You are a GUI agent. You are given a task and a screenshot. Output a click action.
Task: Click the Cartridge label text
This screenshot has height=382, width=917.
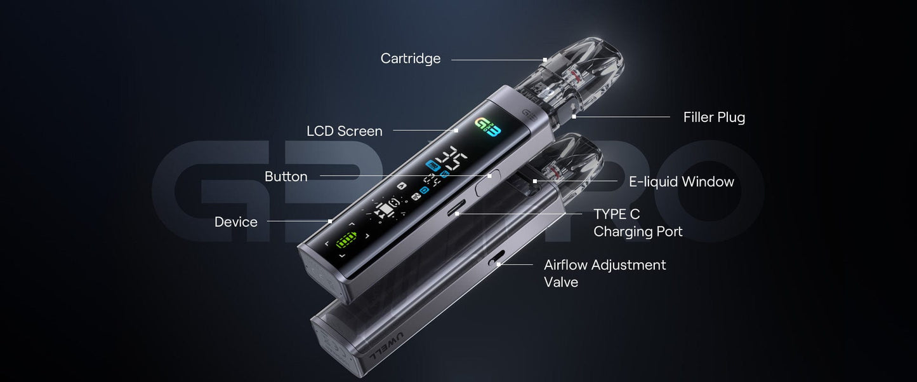point(411,58)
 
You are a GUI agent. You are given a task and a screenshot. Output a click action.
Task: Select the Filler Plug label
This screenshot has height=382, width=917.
point(714,118)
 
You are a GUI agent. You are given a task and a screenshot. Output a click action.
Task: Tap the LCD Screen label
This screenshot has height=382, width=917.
point(345,131)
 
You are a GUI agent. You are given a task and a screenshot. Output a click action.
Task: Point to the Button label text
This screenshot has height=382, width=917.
point(286,177)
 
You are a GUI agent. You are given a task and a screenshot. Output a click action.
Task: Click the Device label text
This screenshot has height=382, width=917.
point(236,222)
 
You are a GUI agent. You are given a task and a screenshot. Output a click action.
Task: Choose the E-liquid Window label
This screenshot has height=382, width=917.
point(682,182)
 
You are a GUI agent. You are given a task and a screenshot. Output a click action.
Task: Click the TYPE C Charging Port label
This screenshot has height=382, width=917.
point(638,223)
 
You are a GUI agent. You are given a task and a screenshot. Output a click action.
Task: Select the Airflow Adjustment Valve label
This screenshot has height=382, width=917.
point(605,273)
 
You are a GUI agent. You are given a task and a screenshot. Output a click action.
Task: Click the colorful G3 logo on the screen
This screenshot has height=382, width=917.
point(487,128)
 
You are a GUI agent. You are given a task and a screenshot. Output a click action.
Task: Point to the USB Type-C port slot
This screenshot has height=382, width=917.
point(456,208)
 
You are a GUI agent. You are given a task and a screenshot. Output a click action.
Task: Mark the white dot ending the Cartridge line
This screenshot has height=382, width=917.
point(545,60)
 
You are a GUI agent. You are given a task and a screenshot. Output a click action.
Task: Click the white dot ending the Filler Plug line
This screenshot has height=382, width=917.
point(574,117)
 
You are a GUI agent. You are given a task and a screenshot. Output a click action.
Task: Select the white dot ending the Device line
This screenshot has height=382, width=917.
point(330,221)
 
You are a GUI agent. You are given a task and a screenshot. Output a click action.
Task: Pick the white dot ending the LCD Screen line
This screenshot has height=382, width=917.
point(456,131)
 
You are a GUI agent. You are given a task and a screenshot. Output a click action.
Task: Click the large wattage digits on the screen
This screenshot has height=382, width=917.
point(452,157)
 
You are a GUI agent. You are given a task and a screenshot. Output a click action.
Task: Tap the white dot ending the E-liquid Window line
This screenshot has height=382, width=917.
point(534,181)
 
